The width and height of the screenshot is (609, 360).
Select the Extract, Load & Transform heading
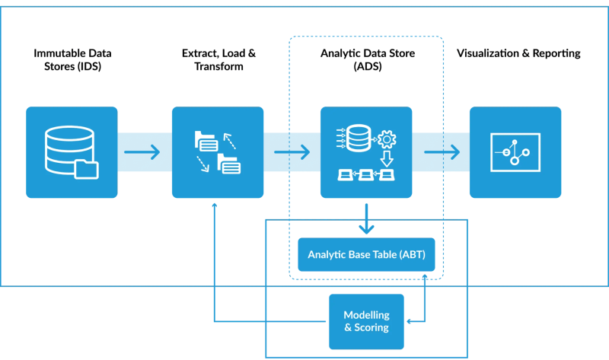tap(218, 59)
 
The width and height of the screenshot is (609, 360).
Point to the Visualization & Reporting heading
tap(518, 53)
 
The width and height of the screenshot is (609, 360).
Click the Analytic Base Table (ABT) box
tap(366, 254)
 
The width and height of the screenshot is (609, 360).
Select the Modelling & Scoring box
tap(366, 321)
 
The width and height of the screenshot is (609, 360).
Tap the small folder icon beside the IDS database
tap(88, 169)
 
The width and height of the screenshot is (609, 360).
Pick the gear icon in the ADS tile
tap(387, 140)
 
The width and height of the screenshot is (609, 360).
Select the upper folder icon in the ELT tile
tap(206, 141)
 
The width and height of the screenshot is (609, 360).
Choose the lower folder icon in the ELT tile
tap(228, 163)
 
